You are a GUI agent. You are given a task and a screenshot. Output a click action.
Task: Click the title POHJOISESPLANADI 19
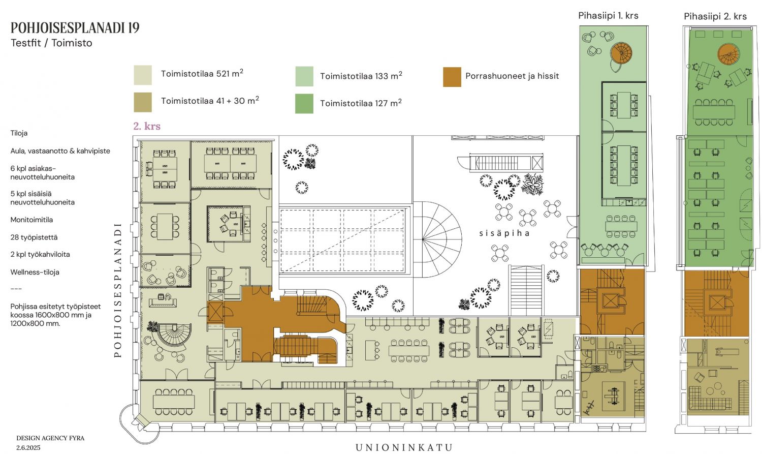(75, 27)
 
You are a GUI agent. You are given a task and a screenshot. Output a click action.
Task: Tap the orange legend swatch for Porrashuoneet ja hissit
(452, 77)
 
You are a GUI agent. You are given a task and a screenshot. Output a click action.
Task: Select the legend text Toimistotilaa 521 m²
(202, 73)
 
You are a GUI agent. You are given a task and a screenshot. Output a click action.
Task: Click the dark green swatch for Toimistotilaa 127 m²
(304, 104)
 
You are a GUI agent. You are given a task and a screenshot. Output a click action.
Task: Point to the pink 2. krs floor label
(147, 126)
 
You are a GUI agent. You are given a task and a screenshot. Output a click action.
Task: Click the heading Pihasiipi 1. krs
(608, 16)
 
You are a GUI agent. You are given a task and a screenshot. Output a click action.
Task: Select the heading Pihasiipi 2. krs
(715, 16)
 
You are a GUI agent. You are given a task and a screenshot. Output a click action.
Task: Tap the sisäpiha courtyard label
(504, 233)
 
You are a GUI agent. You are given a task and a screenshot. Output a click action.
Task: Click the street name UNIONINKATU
(404, 447)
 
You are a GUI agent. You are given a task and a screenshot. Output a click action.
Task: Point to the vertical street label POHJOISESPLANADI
(118, 290)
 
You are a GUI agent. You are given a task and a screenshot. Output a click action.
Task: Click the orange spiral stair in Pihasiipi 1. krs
(621, 53)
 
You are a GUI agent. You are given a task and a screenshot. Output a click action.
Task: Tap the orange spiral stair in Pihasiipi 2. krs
(728, 54)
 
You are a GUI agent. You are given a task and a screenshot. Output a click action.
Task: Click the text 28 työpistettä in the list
(34, 237)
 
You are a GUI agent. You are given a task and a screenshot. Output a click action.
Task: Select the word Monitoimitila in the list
(31, 220)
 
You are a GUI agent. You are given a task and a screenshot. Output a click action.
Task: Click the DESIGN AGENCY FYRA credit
(50, 438)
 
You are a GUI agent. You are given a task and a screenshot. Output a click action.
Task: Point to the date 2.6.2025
(28, 447)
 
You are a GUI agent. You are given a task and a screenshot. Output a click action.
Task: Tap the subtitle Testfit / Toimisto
(51, 43)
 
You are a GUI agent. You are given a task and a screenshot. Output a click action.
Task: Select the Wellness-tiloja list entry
(35, 272)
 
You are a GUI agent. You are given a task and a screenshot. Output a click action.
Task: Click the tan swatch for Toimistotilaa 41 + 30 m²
(143, 102)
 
